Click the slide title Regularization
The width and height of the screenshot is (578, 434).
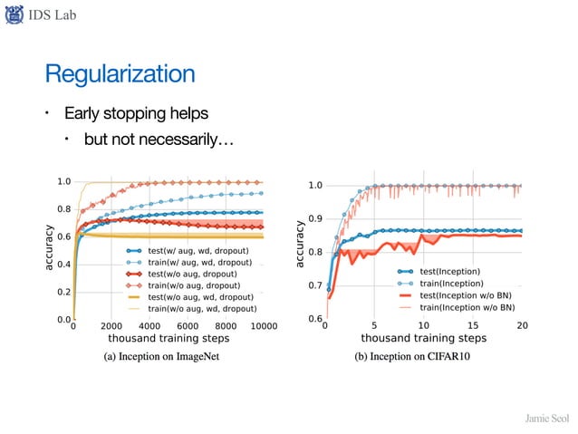120,72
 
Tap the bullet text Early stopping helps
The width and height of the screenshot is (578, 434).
135,114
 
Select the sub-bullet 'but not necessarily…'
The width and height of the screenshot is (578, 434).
159,140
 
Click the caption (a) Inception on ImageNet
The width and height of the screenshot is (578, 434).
163,356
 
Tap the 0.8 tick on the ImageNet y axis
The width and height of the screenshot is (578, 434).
64,209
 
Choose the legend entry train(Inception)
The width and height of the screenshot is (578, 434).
450,284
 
